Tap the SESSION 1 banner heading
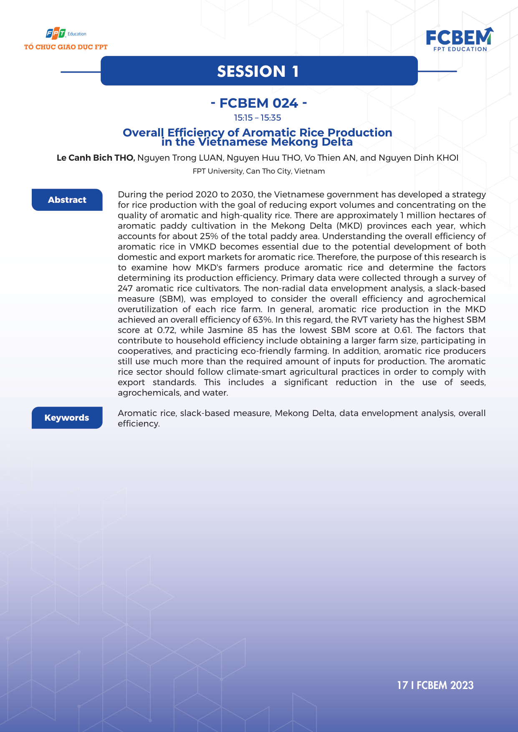(x=258, y=71)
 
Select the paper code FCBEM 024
(x=259, y=103)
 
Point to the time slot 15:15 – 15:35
(x=258, y=118)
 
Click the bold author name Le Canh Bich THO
(x=96, y=158)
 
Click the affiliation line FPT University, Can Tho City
(x=258, y=171)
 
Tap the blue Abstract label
(x=67, y=200)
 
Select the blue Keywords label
(x=67, y=418)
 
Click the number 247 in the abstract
(x=125, y=288)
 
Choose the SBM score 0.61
(x=402, y=330)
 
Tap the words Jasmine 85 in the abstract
(x=232, y=330)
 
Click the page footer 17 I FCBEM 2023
(x=435, y=685)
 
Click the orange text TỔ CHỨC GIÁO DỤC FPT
(x=66, y=47)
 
